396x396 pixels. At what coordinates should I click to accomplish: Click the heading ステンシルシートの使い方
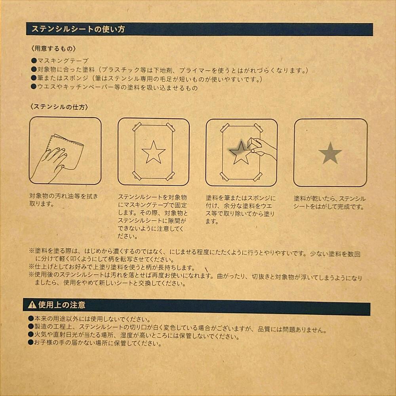tap(78, 29)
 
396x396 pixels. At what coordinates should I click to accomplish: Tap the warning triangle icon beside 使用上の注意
tap(32, 305)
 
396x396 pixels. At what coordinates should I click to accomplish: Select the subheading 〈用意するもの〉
tap(53, 48)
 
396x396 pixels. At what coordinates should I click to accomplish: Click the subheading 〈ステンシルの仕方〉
tap(59, 107)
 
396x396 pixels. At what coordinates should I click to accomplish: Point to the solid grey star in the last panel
tap(330, 153)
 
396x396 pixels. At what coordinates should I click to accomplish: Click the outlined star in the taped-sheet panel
tap(153, 152)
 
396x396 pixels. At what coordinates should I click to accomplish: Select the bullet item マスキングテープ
tap(63, 61)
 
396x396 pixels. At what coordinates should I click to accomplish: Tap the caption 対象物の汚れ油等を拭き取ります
tap(64, 200)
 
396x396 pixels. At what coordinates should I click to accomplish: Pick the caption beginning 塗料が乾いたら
tap(329, 202)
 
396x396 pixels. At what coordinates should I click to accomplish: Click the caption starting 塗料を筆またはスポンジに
tap(240, 209)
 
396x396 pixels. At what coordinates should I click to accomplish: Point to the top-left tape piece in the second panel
tap(137, 127)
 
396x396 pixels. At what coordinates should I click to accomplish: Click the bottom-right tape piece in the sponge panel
tap(258, 177)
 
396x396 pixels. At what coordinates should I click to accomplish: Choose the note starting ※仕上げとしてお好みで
tap(112, 267)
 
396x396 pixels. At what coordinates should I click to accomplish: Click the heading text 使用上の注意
tap(62, 305)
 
